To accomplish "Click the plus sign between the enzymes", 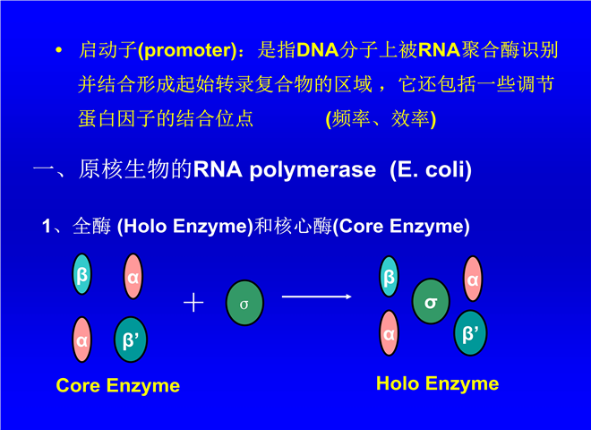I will (x=193, y=302).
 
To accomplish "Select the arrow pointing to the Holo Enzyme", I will (x=316, y=296).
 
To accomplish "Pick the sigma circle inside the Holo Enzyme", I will (x=431, y=301).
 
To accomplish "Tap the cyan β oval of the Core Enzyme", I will (x=82, y=275).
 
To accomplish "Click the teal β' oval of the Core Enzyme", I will (x=133, y=340).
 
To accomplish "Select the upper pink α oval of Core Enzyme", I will (x=133, y=278).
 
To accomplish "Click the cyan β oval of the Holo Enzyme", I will (x=390, y=277).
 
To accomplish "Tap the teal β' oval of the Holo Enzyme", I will (x=471, y=332).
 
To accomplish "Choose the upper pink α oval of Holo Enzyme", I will (x=472, y=279).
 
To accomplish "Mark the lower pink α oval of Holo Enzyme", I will (x=390, y=333).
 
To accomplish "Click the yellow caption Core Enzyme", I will (x=117, y=386).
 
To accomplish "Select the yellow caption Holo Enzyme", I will (x=437, y=384).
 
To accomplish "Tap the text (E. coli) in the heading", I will (x=431, y=169).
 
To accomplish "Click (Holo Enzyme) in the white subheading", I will (x=185, y=227).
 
